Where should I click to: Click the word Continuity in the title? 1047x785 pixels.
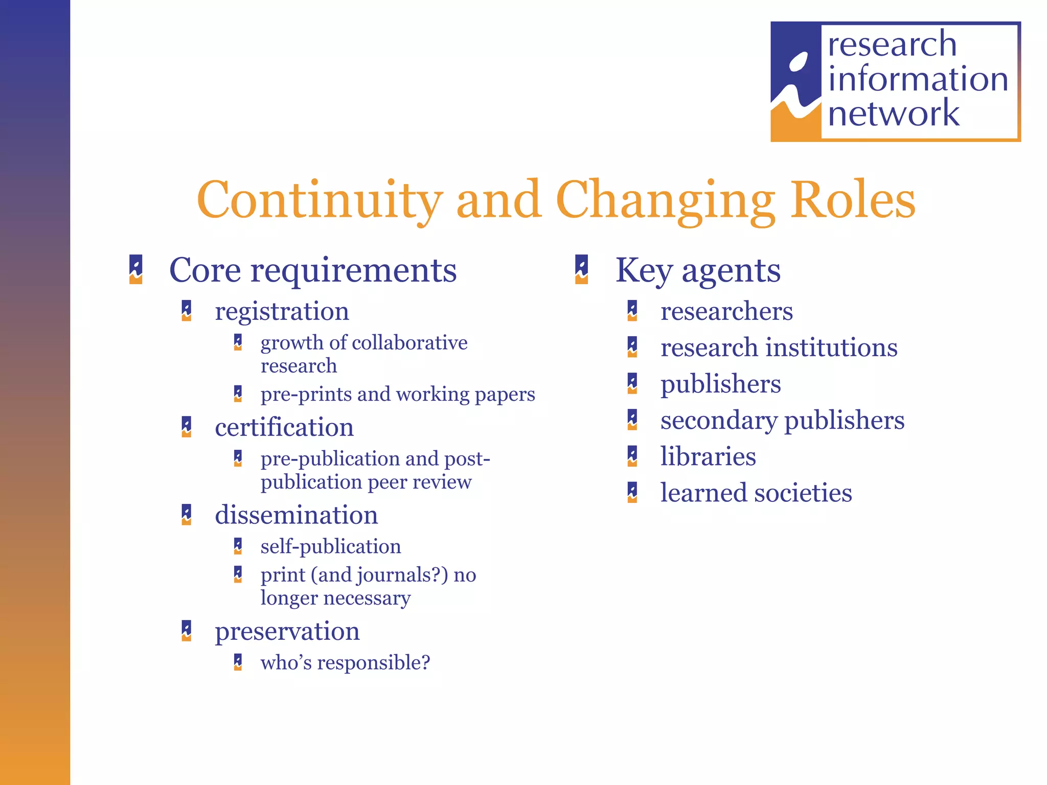click(x=320, y=200)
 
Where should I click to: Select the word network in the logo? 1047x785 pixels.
click(x=894, y=113)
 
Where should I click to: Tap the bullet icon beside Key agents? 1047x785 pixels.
click(x=581, y=269)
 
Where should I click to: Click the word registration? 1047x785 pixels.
click(x=282, y=311)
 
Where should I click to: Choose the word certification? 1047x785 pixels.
click(x=284, y=427)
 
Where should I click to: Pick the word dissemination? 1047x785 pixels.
click(x=296, y=515)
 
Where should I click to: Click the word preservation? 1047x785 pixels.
click(x=287, y=631)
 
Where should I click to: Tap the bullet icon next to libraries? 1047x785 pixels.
click(x=632, y=456)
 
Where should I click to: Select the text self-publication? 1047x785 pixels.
click(x=331, y=546)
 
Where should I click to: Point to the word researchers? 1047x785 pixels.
click(x=726, y=311)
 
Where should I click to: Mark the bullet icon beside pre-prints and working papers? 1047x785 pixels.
click(x=238, y=394)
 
